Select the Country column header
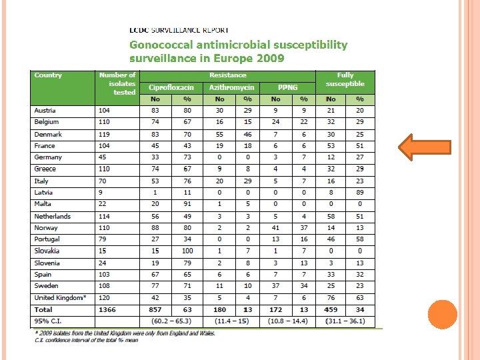click(x=48, y=75)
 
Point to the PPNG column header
click(x=287, y=87)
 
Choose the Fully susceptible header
click(x=345, y=79)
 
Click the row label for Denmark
click(x=48, y=134)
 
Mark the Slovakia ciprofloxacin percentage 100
click(x=187, y=251)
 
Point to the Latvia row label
click(x=44, y=193)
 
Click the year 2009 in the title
click(x=269, y=58)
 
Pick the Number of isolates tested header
click(x=117, y=83)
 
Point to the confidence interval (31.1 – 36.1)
click(x=346, y=321)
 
